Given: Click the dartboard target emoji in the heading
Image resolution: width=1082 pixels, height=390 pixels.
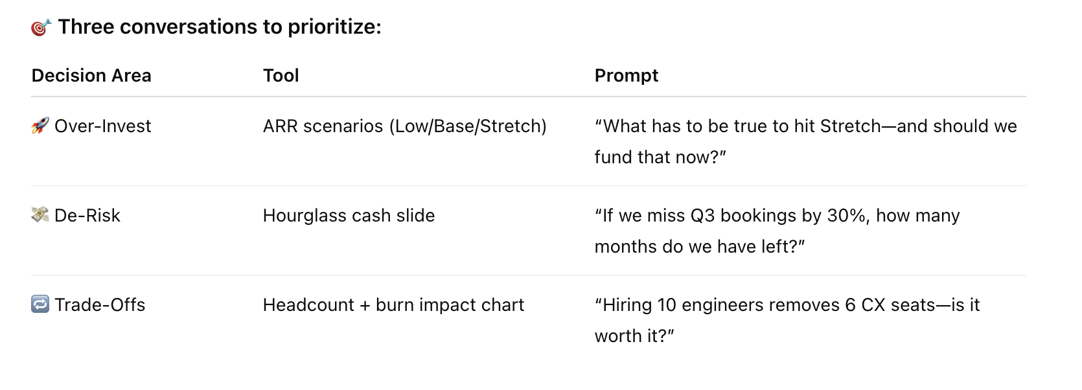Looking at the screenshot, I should click(41, 27).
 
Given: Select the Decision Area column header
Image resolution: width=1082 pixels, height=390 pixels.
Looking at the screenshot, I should click(91, 76).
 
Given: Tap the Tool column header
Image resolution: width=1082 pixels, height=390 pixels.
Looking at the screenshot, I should click(281, 76).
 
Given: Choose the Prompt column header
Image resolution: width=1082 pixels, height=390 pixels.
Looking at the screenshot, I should click(626, 76).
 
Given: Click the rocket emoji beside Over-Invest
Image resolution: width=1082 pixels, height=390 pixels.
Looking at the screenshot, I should click(40, 126).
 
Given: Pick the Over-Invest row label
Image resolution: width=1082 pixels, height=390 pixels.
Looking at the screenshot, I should click(102, 126).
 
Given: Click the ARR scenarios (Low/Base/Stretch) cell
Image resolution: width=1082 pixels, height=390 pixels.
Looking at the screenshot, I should click(404, 126).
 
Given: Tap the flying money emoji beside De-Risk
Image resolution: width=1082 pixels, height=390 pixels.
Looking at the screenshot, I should click(40, 215).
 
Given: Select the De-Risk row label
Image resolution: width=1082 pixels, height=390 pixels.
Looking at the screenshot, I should click(87, 216).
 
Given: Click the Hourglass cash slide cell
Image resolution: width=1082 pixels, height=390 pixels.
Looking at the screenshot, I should click(349, 216).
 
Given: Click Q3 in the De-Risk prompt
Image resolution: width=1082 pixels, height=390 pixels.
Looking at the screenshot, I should click(702, 216).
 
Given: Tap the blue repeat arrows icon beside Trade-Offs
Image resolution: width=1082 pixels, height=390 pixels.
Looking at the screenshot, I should click(40, 304).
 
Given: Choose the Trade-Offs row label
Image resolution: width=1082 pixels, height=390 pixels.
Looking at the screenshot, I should click(100, 305).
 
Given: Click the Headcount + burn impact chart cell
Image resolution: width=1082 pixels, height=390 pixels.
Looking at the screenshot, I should click(393, 305).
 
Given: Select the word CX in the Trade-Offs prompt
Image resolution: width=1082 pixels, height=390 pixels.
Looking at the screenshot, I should click(873, 305).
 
